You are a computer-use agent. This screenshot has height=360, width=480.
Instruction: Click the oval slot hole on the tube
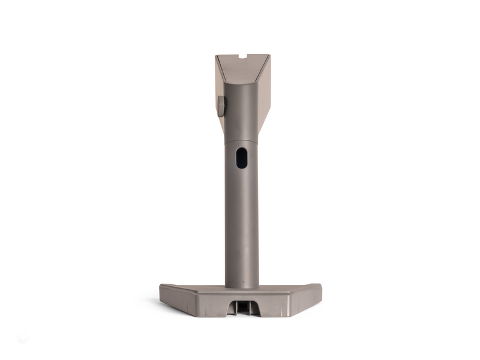(241, 158)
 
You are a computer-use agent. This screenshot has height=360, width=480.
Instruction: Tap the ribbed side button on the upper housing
(221, 106)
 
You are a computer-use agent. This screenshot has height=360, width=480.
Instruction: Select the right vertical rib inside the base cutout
(247, 307)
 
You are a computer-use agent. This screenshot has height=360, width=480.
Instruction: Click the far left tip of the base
(160, 286)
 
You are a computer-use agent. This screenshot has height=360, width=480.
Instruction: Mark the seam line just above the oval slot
(241, 142)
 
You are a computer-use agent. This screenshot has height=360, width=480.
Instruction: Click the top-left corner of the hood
(216, 56)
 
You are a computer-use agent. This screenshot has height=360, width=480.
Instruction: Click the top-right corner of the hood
(269, 55)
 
